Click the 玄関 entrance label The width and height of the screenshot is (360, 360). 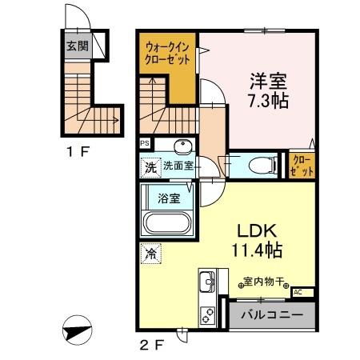point(77,45)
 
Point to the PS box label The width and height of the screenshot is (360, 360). point(145,145)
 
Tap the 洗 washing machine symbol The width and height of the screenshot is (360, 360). point(150,168)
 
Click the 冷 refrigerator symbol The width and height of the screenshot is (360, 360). point(150,254)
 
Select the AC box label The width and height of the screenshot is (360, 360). point(298,292)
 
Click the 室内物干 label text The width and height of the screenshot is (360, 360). point(266,282)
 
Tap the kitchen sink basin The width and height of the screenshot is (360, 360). point(206,282)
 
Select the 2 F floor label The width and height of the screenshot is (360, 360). point(152,346)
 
